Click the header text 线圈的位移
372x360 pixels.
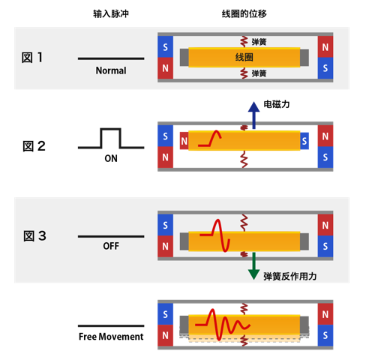[x=244, y=14]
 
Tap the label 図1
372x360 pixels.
[x=33, y=58]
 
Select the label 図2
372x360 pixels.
[x=34, y=146]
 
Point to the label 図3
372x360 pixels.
[x=34, y=236]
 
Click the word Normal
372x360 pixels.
[x=111, y=71]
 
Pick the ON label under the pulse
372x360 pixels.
[x=111, y=159]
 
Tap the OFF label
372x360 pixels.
[x=111, y=246]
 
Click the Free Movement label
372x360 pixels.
[x=111, y=337]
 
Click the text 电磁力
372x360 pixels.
[x=276, y=106]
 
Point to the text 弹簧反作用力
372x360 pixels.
[x=289, y=277]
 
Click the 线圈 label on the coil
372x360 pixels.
[x=244, y=58]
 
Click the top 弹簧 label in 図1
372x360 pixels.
[x=259, y=42]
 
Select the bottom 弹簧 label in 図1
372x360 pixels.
[x=259, y=73]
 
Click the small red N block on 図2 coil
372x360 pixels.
[x=184, y=139]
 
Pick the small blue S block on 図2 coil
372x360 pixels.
[x=304, y=139]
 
